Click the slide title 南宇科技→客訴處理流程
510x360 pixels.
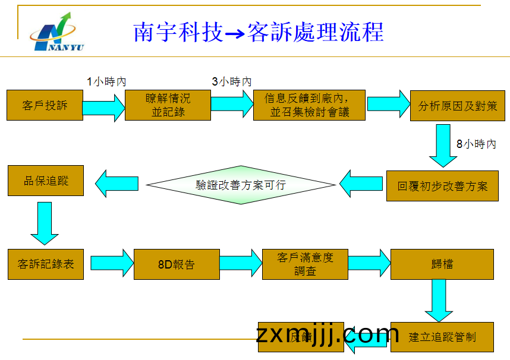pos(259,32)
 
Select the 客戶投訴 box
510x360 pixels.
pos(45,106)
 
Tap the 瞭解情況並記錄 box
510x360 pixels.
pos(168,105)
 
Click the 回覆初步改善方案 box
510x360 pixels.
pos(442,186)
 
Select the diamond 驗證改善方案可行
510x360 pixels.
pos(241,185)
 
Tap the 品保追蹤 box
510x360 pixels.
pos(46,181)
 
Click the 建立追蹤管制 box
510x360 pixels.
pos(442,337)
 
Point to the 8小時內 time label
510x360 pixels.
pos(476,144)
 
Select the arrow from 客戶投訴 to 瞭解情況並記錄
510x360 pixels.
pos(103,108)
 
